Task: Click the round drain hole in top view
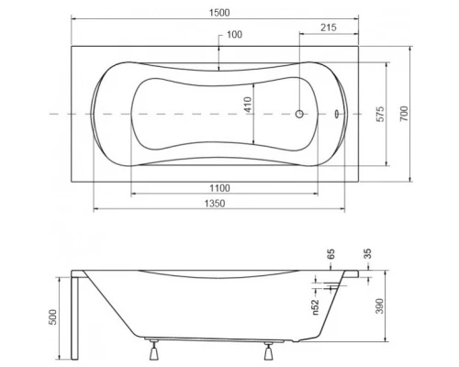point(298,115)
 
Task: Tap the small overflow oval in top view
point(336,115)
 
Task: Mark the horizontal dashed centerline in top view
point(55,115)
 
